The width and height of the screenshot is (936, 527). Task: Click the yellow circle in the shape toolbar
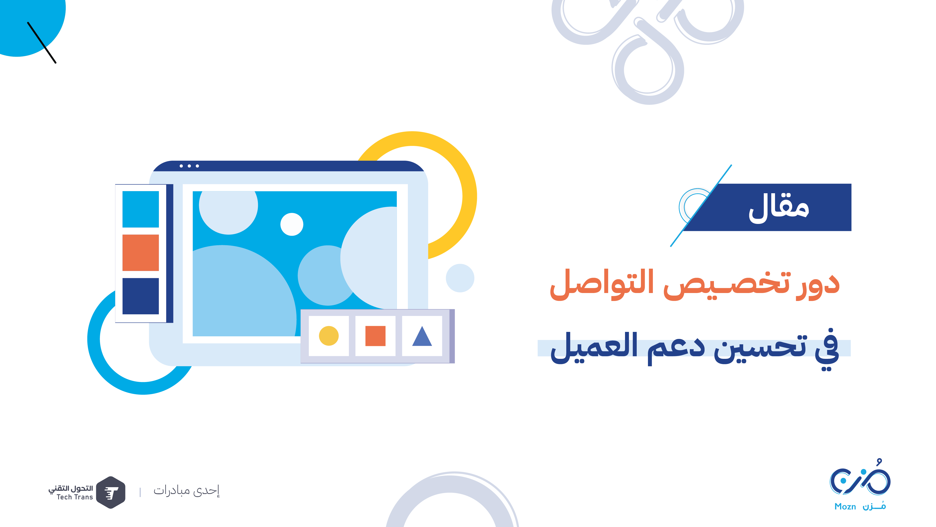(x=329, y=336)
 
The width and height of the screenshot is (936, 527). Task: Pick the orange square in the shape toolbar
(x=375, y=336)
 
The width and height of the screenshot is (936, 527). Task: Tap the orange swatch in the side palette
(x=141, y=253)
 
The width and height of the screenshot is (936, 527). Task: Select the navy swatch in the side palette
(x=141, y=296)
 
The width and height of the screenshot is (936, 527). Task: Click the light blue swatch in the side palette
(x=141, y=209)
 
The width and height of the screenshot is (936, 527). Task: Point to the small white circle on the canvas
(x=292, y=224)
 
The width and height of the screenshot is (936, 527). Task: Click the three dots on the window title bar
(x=189, y=166)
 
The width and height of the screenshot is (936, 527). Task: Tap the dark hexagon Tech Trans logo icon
(x=111, y=492)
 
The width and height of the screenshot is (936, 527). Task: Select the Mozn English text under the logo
(x=845, y=507)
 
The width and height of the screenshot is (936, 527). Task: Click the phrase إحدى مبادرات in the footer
(x=186, y=491)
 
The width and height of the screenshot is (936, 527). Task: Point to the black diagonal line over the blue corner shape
(x=42, y=43)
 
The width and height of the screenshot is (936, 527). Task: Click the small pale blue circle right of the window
(x=460, y=278)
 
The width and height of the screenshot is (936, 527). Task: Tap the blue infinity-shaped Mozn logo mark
(x=860, y=479)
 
